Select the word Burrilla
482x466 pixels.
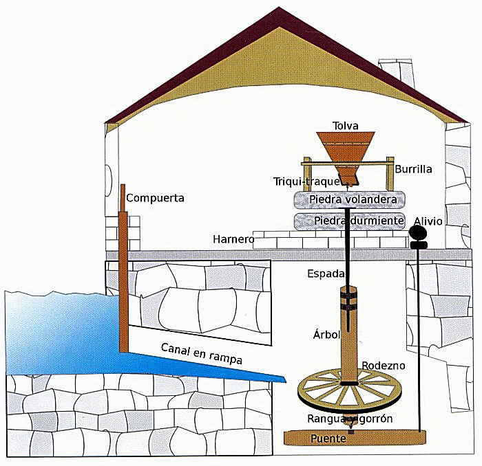[413, 168]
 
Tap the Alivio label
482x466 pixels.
[428, 221]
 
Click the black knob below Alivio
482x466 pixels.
[418, 234]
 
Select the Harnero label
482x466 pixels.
[234, 240]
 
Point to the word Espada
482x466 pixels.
[325, 274]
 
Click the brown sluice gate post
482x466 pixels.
[123, 275]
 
